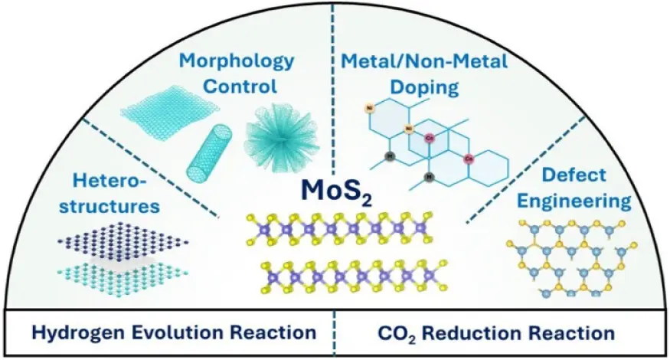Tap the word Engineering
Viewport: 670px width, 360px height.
tap(579, 201)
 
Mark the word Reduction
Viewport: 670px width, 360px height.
tap(476, 333)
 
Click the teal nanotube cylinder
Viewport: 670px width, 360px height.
tap(209, 145)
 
